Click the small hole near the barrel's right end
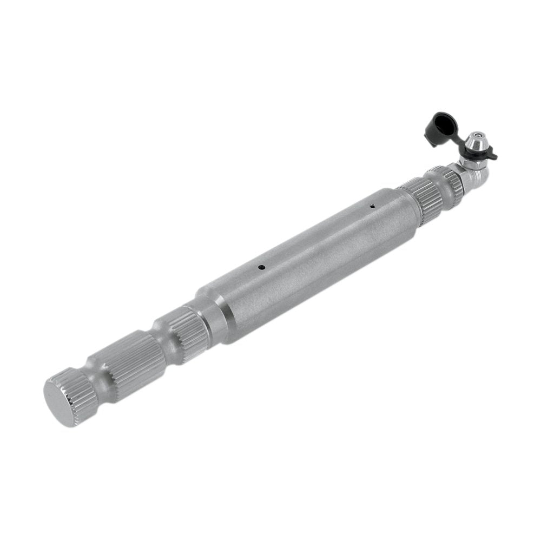(373, 206)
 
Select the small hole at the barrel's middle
(261, 266)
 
